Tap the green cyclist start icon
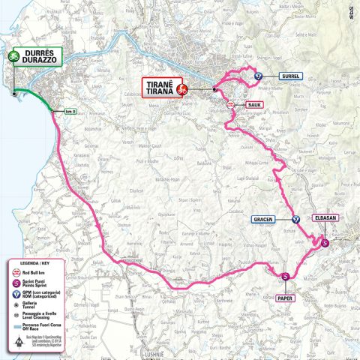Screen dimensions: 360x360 pyautogui.click(x=13, y=55)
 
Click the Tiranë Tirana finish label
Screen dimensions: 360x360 pyautogui.click(x=158, y=88)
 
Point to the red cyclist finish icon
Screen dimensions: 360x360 pyautogui.click(x=181, y=89)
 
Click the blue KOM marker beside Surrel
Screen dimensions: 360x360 pyautogui.click(x=258, y=75)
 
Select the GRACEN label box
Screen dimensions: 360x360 pyautogui.click(x=260, y=220)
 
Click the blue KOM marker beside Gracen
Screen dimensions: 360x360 pyautogui.click(x=295, y=220)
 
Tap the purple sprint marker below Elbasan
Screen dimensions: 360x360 pyautogui.click(x=324, y=243)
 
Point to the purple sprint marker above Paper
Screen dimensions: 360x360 pyautogui.click(x=285, y=277)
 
